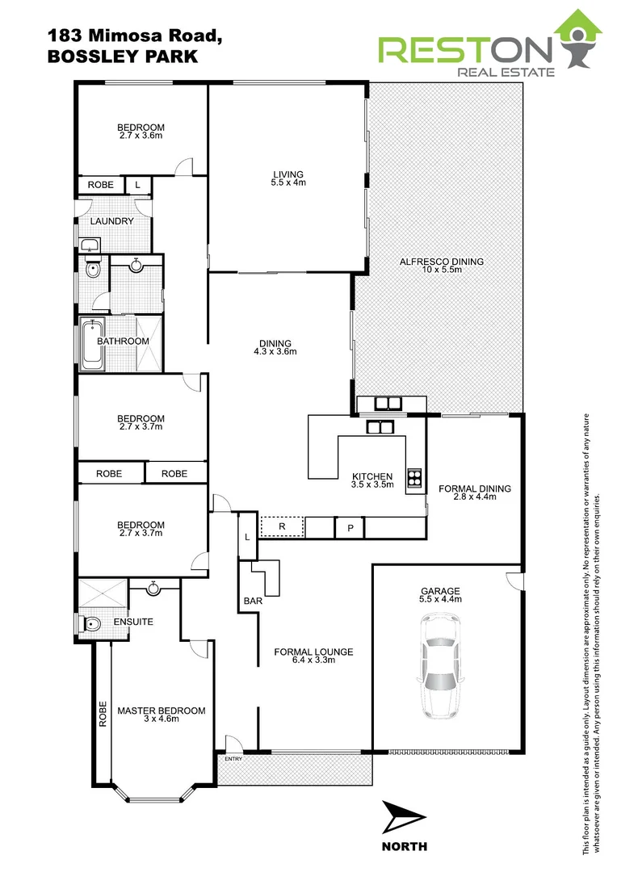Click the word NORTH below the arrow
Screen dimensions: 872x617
tap(405, 847)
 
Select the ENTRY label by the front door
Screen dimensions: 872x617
tap(233, 759)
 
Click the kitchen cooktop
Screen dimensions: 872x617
tap(415, 478)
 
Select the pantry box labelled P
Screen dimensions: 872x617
tap(350, 528)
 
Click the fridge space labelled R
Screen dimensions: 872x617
tap(282, 526)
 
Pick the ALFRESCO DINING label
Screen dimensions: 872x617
tap(441, 262)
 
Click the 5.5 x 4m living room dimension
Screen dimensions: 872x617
tap(288, 183)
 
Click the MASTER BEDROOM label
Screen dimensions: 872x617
tap(162, 711)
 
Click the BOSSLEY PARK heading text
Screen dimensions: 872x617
tap(123, 57)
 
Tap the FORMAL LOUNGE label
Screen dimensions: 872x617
tap(314, 652)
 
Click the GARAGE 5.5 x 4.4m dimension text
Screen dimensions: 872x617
tap(440, 600)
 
